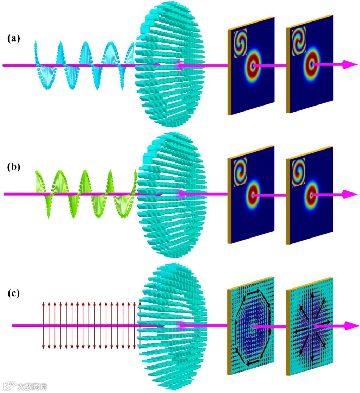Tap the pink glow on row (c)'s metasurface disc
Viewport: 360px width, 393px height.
pyautogui.click(x=181, y=325)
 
